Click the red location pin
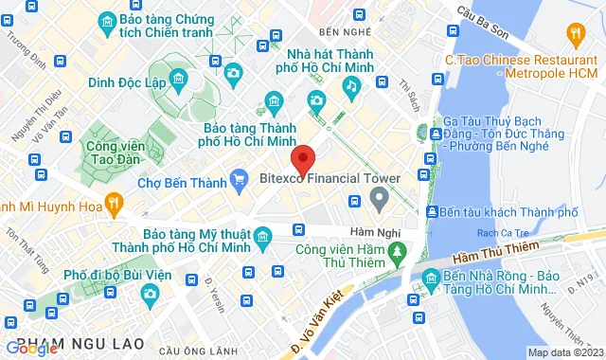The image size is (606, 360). [302, 157]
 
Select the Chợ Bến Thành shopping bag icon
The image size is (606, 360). [242, 182]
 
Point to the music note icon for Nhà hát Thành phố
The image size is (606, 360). [351, 86]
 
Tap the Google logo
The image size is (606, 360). [31, 348]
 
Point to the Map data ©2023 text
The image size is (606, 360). [564, 352]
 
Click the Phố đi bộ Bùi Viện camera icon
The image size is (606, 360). [150, 295]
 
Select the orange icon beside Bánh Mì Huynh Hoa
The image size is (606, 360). [114, 201]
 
